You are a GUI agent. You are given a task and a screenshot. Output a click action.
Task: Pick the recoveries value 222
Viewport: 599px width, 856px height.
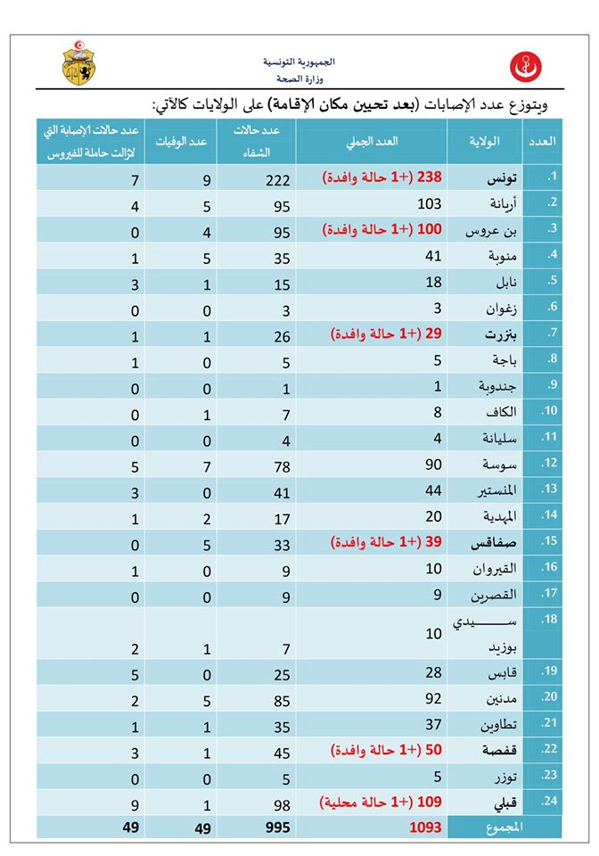point(279,179)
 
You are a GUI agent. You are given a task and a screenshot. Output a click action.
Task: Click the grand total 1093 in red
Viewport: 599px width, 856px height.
point(424,827)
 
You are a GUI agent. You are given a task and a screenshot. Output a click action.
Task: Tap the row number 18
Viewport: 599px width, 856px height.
point(550,617)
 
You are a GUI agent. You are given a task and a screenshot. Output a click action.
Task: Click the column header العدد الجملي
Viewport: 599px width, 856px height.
point(372,142)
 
